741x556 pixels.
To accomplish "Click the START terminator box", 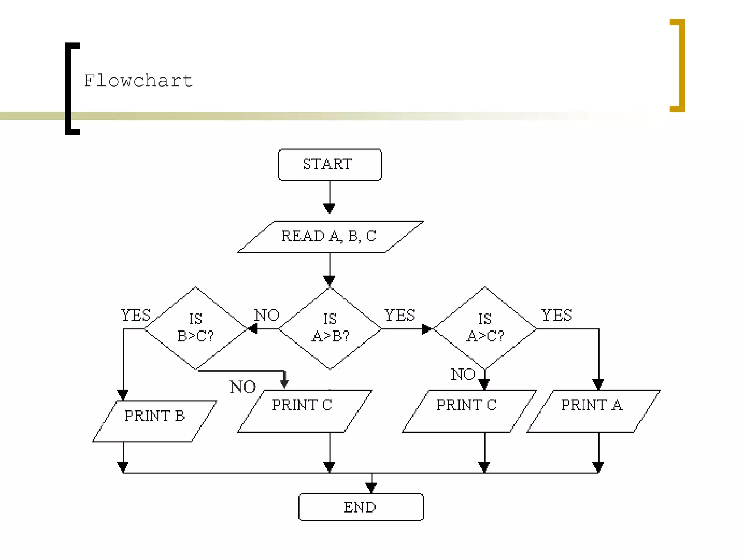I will tap(330, 165).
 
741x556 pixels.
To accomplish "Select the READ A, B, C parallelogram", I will tap(330, 237).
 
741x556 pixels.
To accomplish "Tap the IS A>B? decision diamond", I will tap(330, 328).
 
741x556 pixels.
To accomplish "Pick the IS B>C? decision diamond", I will tap(196, 328).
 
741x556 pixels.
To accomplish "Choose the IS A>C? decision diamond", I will tap(485, 328).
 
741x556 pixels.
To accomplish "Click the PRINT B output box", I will tap(155, 421).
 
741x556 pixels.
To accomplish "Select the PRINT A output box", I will tap(593, 411).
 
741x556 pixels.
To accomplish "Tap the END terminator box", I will tap(361, 507).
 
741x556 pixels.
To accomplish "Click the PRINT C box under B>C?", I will tap(304, 411).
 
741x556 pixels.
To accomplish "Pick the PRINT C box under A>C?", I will tap(469, 411).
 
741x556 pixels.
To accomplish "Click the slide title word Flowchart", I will tap(138, 80).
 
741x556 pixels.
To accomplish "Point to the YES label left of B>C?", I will tap(135, 315).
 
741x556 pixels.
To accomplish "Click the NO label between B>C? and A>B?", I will tap(267, 315).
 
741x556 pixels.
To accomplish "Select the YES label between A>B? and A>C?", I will tap(399, 315).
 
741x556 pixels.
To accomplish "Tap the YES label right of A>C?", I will tap(556, 315).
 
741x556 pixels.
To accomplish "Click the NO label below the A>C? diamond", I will tap(463, 374).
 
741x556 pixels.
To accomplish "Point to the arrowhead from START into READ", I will tap(329, 209).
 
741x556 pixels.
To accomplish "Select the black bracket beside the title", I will tap(70, 89).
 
